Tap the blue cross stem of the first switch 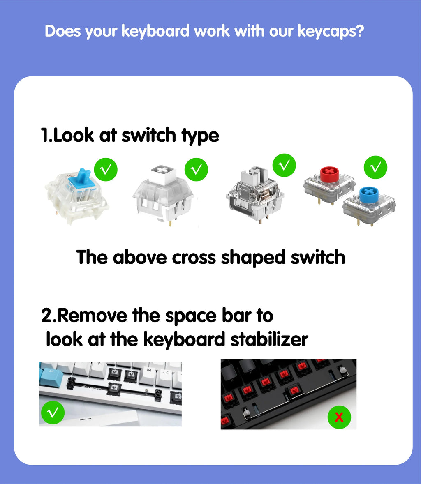[85, 177]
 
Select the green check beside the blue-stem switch [106, 169]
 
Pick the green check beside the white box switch [197, 169]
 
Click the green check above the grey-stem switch [284, 165]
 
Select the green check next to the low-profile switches [376, 167]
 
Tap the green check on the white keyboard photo [53, 413]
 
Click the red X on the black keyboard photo [339, 418]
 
